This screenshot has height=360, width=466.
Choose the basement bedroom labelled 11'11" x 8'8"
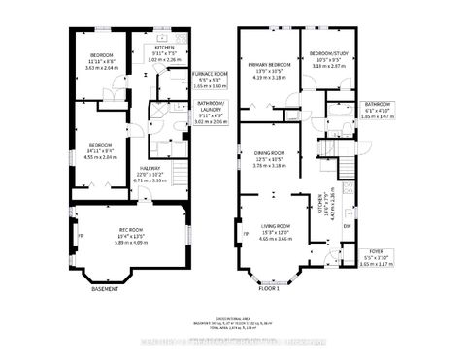coord(103,55)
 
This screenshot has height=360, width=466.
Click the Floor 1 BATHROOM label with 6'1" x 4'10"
coord(378,104)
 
